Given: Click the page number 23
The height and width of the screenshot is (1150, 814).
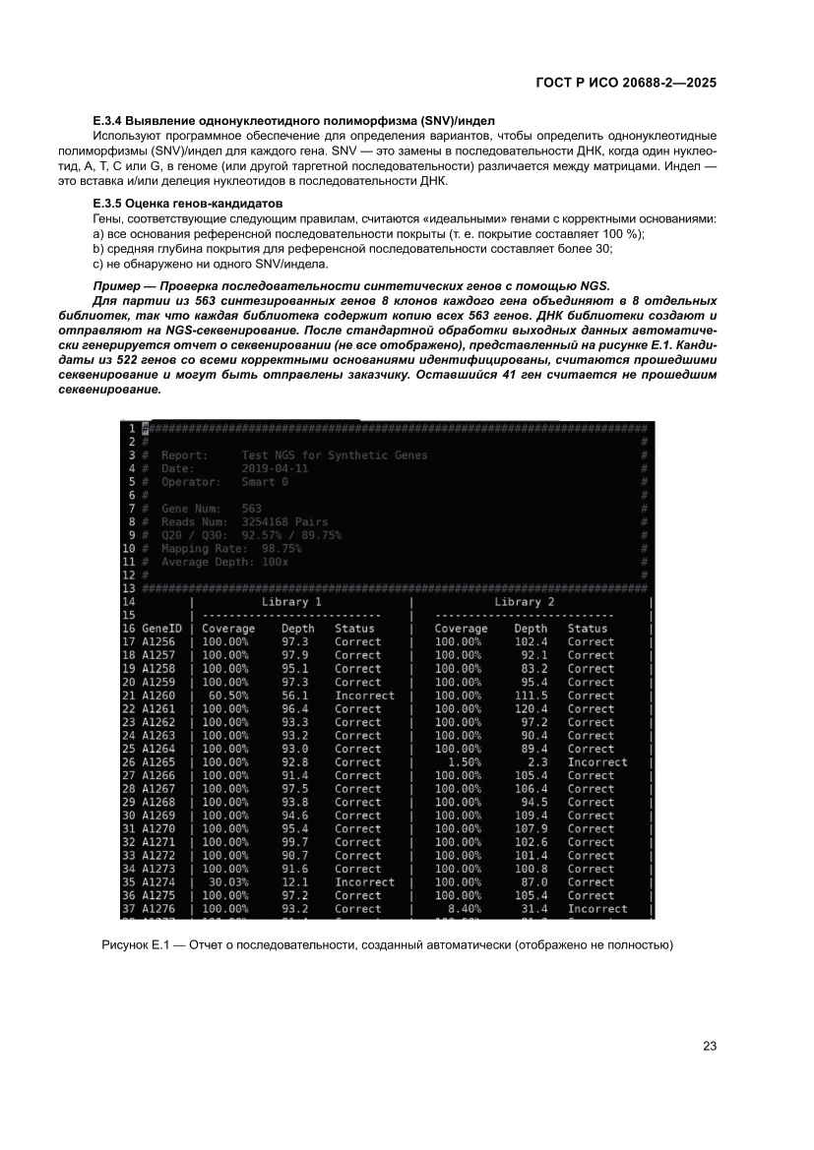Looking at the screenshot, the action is point(709,1046).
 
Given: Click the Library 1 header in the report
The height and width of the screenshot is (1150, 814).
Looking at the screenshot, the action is point(291,601).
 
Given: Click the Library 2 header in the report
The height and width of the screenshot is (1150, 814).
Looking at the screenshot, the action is point(524,601).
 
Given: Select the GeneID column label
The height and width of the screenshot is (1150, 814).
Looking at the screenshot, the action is point(162,628).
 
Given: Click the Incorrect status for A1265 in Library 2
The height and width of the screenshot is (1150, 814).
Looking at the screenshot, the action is point(596,761).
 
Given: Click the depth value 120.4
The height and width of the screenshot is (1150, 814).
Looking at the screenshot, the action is point(531,708).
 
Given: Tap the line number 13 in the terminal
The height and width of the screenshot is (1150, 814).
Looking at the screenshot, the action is point(128,587).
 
